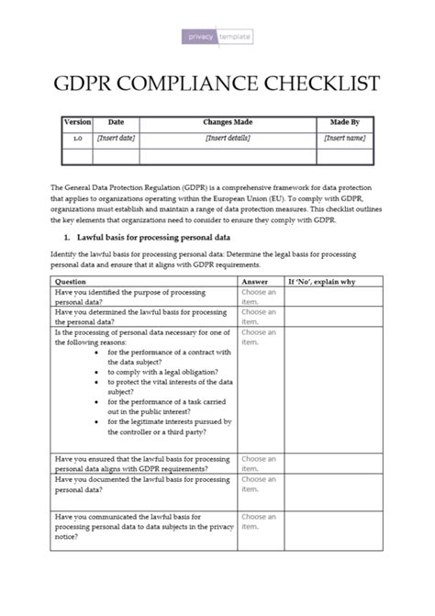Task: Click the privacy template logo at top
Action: pyautogui.click(x=217, y=37)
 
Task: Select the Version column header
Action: pyautogui.click(x=77, y=122)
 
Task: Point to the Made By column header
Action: pyautogui.click(x=344, y=122)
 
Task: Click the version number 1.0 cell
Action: pyautogui.click(x=77, y=139)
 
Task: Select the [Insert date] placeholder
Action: pyautogui.click(x=116, y=139)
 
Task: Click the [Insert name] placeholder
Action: pyautogui.click(x=344, y=139)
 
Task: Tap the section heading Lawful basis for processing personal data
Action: pyautogui.click(x=151, y=237)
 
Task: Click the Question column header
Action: pyautogui.click(x=72, y=282)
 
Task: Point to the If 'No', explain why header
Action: pyautogui.click(x=321, y=282)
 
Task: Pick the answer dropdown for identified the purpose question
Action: pyautogui.click(x=259, y=297)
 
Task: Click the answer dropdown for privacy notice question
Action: pyautogui.click(x=259, y=522)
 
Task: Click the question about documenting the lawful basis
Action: pyautogui.click(x=142, y=484)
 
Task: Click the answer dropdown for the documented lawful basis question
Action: pyautogui.click(x=259, y=484)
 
